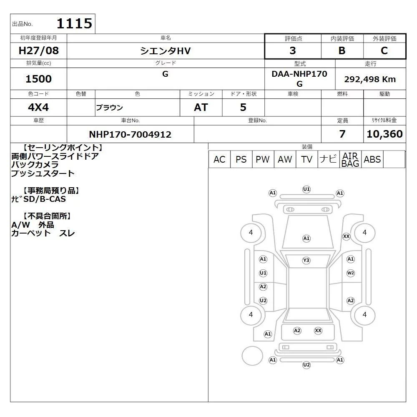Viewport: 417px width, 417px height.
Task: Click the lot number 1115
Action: click(x=75, y=23)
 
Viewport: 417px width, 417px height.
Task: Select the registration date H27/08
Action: click(x=38, y=50)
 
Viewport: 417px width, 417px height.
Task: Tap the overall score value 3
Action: click(x=293, y=50)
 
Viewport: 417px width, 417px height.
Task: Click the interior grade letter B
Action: click(x=342, y=50)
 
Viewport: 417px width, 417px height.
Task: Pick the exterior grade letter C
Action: click(x=384, y=50)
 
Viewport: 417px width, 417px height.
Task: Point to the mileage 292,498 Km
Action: click(x=370, y=79)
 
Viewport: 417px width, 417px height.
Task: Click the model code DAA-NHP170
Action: click(x=299, y=74)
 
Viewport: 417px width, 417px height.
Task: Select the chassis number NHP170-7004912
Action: click(x=130, y=134)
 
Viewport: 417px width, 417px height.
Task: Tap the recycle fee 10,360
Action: click(x=384, y=134)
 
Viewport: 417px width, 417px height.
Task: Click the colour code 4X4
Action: click(x=38, y=107)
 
